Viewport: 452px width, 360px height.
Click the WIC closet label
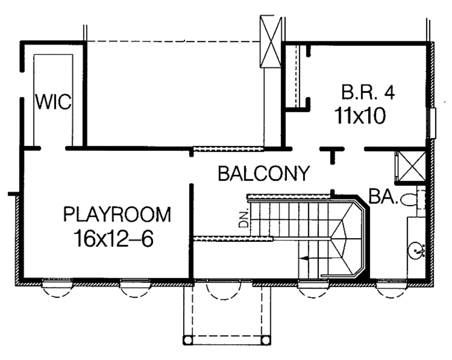click(53, 102)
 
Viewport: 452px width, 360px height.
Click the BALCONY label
click(264, 174)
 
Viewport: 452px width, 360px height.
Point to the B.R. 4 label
click(368, 92)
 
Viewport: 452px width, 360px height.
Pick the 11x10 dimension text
click(360, 116)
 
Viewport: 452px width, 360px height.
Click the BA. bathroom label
click(384, 197)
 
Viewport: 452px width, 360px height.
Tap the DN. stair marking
click(243, 218)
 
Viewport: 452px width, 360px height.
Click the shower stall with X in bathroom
click(411, 166)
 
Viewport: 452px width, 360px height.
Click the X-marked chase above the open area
click(270, 41)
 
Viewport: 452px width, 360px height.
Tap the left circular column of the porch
click(188, 340)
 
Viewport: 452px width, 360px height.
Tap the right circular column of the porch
click(265, 340)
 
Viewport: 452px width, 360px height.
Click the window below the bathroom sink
click(391, 285)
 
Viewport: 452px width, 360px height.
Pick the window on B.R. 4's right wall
click(433, 122)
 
